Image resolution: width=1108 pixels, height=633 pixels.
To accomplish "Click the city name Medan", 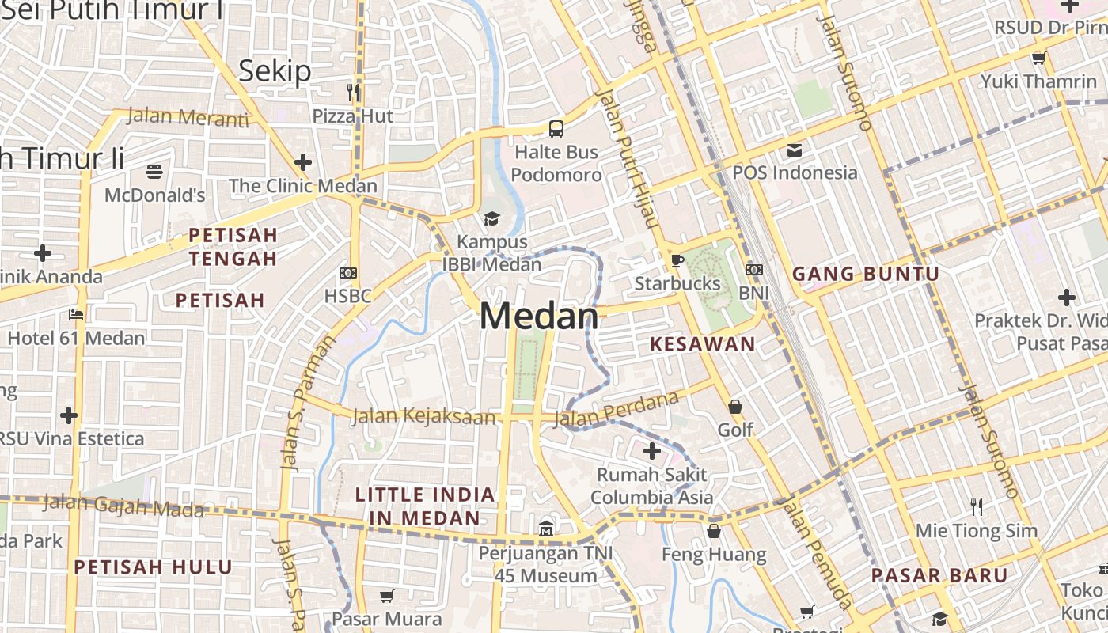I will (539, 316).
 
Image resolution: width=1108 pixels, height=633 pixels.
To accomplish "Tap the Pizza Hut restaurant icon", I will (353, 93).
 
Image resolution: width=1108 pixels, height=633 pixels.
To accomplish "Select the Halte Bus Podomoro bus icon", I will (556, 128).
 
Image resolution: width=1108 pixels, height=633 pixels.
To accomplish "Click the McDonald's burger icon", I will (154, 171).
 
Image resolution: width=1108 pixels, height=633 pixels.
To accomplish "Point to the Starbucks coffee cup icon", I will (677, 260).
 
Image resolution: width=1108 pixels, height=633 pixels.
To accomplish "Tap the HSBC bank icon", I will (347, 273).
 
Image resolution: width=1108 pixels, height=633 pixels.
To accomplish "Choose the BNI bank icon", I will (754, 270).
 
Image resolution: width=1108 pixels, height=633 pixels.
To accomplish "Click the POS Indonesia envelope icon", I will (794, 150).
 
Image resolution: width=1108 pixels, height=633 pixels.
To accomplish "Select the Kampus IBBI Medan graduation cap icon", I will (492, 218).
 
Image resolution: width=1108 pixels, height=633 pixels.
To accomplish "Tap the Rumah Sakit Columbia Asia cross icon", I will (652, 452).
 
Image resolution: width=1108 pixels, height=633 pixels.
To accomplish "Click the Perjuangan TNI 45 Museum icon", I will (546, 529).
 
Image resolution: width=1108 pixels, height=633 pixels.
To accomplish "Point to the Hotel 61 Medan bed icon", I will (76, 315).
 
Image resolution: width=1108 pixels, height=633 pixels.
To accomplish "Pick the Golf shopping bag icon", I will (735, 407).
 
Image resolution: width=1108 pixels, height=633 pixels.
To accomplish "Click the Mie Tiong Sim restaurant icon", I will (977, 506).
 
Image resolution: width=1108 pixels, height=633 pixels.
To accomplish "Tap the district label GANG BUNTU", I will (866, 275).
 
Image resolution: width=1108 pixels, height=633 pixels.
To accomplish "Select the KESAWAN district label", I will (702, 344).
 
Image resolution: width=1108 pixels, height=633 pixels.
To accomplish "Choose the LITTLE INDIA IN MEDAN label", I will (425, 506).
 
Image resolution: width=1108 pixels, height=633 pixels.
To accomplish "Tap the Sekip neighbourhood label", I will (275, 71).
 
